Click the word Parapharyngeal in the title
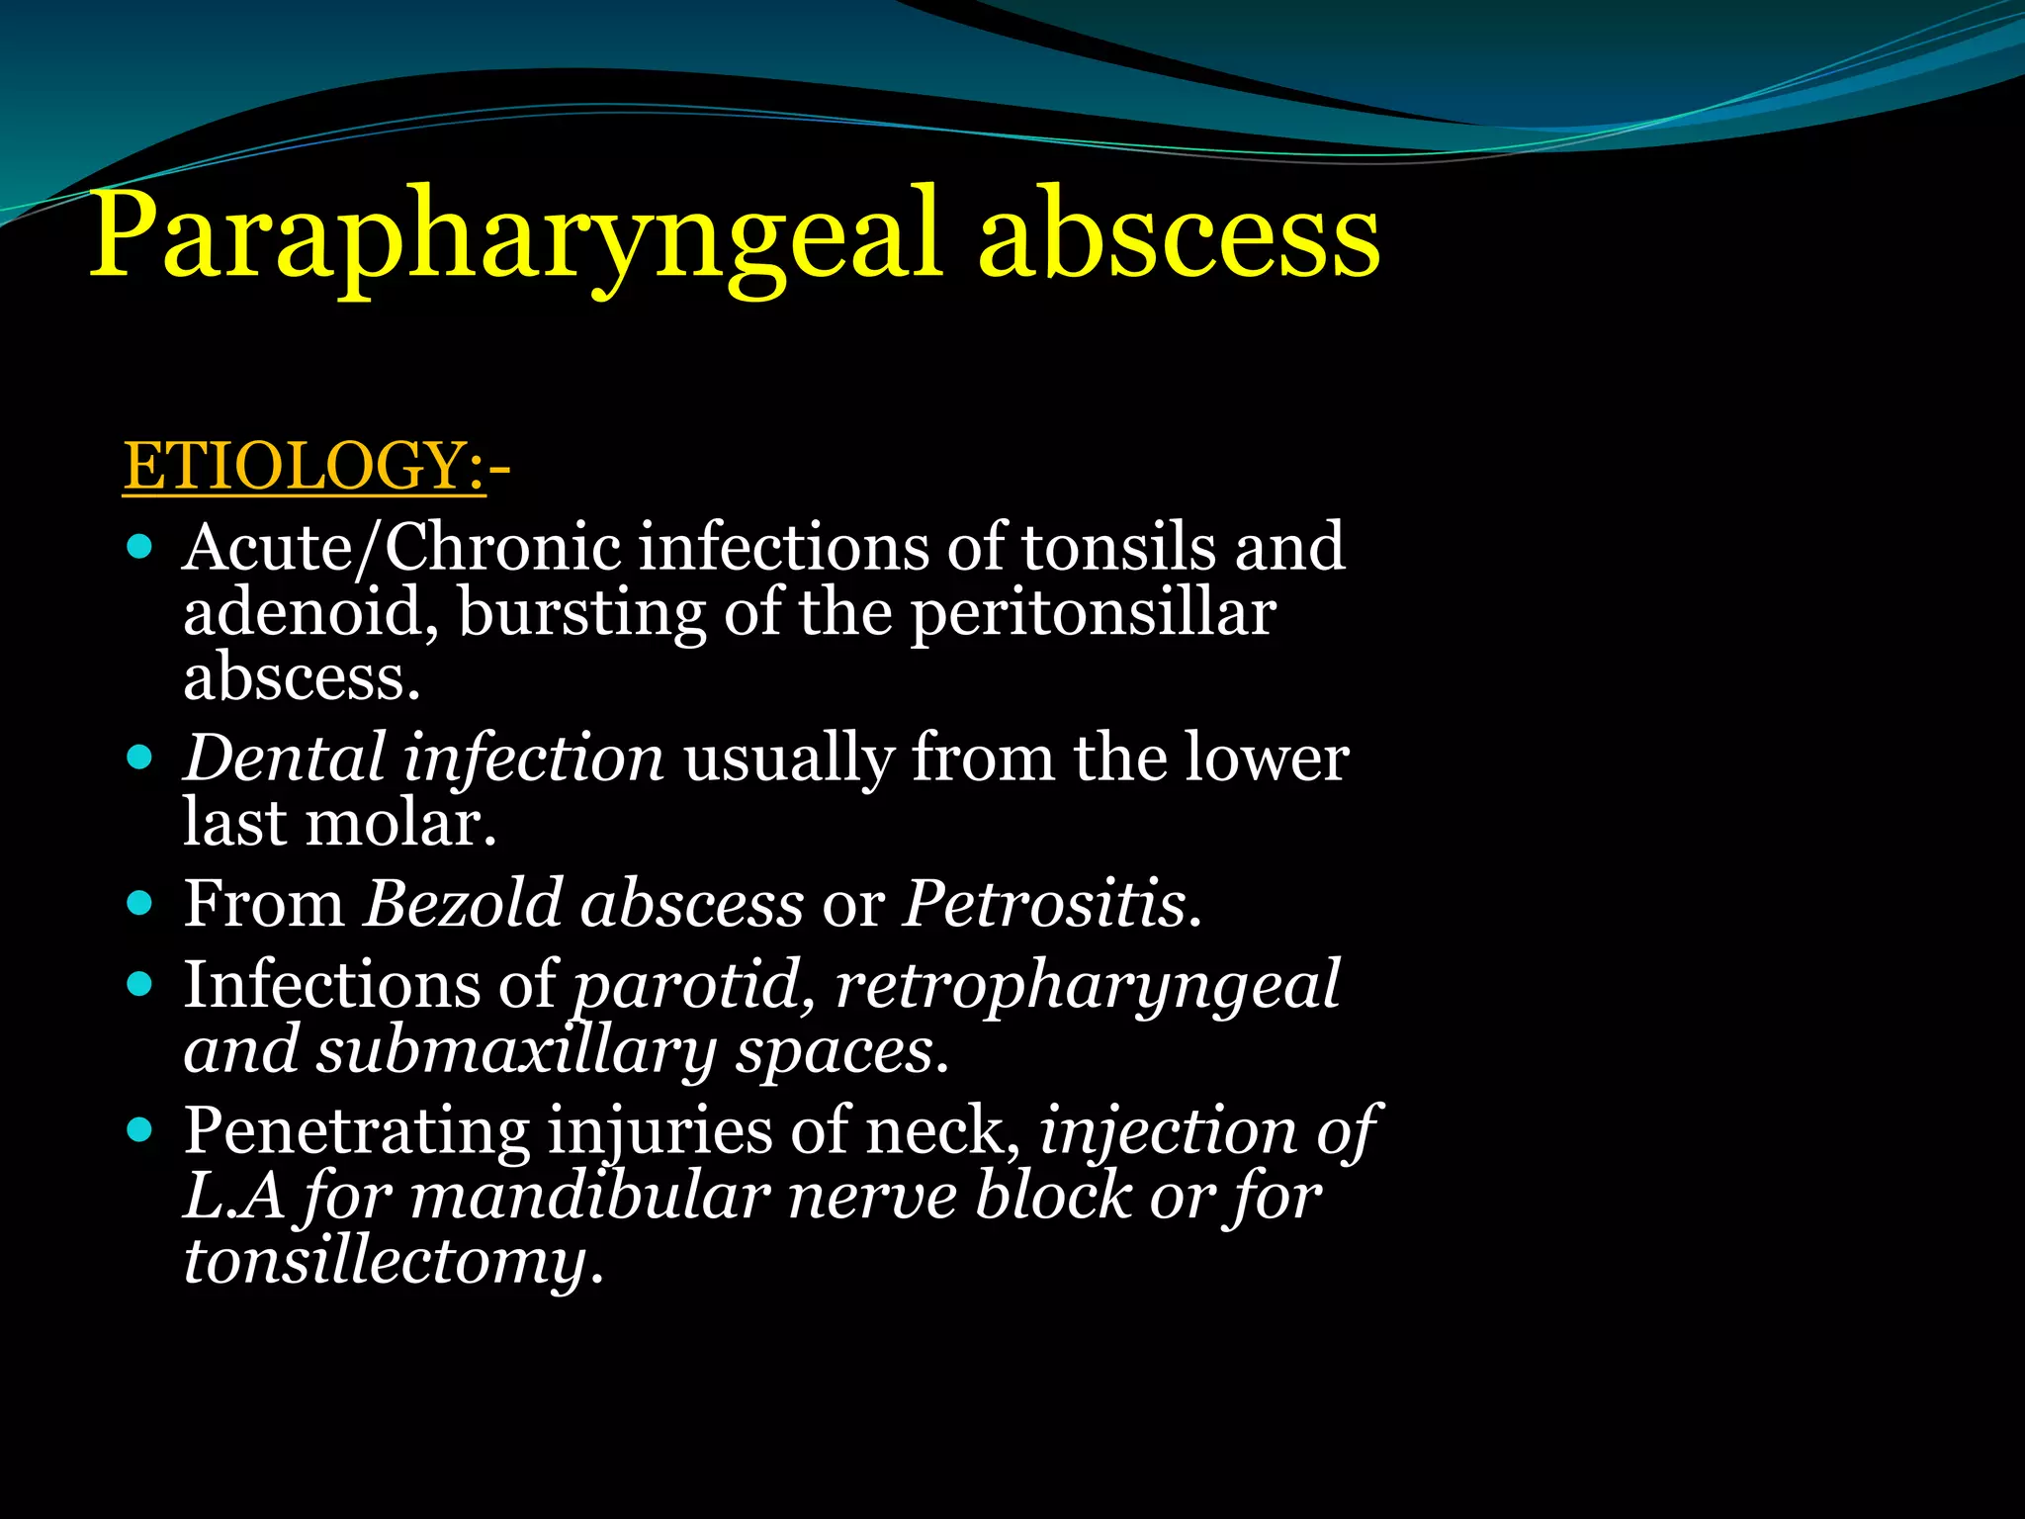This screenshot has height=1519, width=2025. (x=514, y=237)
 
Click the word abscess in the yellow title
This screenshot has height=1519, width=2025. (x=1179, y=237)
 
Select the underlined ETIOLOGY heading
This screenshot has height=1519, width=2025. (x=304, y=466)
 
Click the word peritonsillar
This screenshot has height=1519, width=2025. (x=1093, y=613)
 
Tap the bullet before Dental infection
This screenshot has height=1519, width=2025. (x=140, y=758)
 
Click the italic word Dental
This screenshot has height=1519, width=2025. (x=284, y=758)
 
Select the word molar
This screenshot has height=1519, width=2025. (x=398, y=823)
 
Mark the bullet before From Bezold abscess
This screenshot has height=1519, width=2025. (x=140, y=903)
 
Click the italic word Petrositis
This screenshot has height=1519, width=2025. (x=1049, y=903)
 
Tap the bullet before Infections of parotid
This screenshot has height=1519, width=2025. (x=140, y=984)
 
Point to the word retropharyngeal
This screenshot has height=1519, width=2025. (x=1087, y=986)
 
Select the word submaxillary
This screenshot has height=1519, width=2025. (x=514, y=1050)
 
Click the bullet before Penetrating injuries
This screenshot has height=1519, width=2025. (x=140, y=1129)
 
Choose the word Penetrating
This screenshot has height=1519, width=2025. (x=357, y=1131)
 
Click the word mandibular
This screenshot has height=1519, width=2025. (x=589, y=1197)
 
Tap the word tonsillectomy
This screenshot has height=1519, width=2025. (x=386, y=1263)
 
